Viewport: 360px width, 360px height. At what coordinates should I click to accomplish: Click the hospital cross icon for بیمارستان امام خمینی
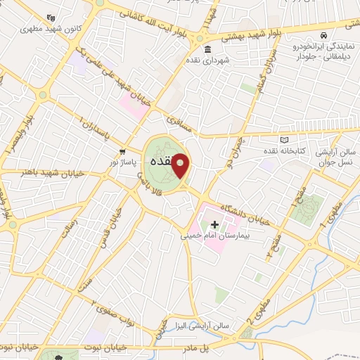[214, 224]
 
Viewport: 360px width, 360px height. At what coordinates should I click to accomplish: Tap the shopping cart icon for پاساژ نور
[123, 151]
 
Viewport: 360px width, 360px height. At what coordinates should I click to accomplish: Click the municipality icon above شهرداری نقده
[207, 49]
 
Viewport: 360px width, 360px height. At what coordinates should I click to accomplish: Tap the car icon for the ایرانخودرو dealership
[322, 35]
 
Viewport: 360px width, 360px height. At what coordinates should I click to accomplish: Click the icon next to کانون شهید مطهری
[49, 18]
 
